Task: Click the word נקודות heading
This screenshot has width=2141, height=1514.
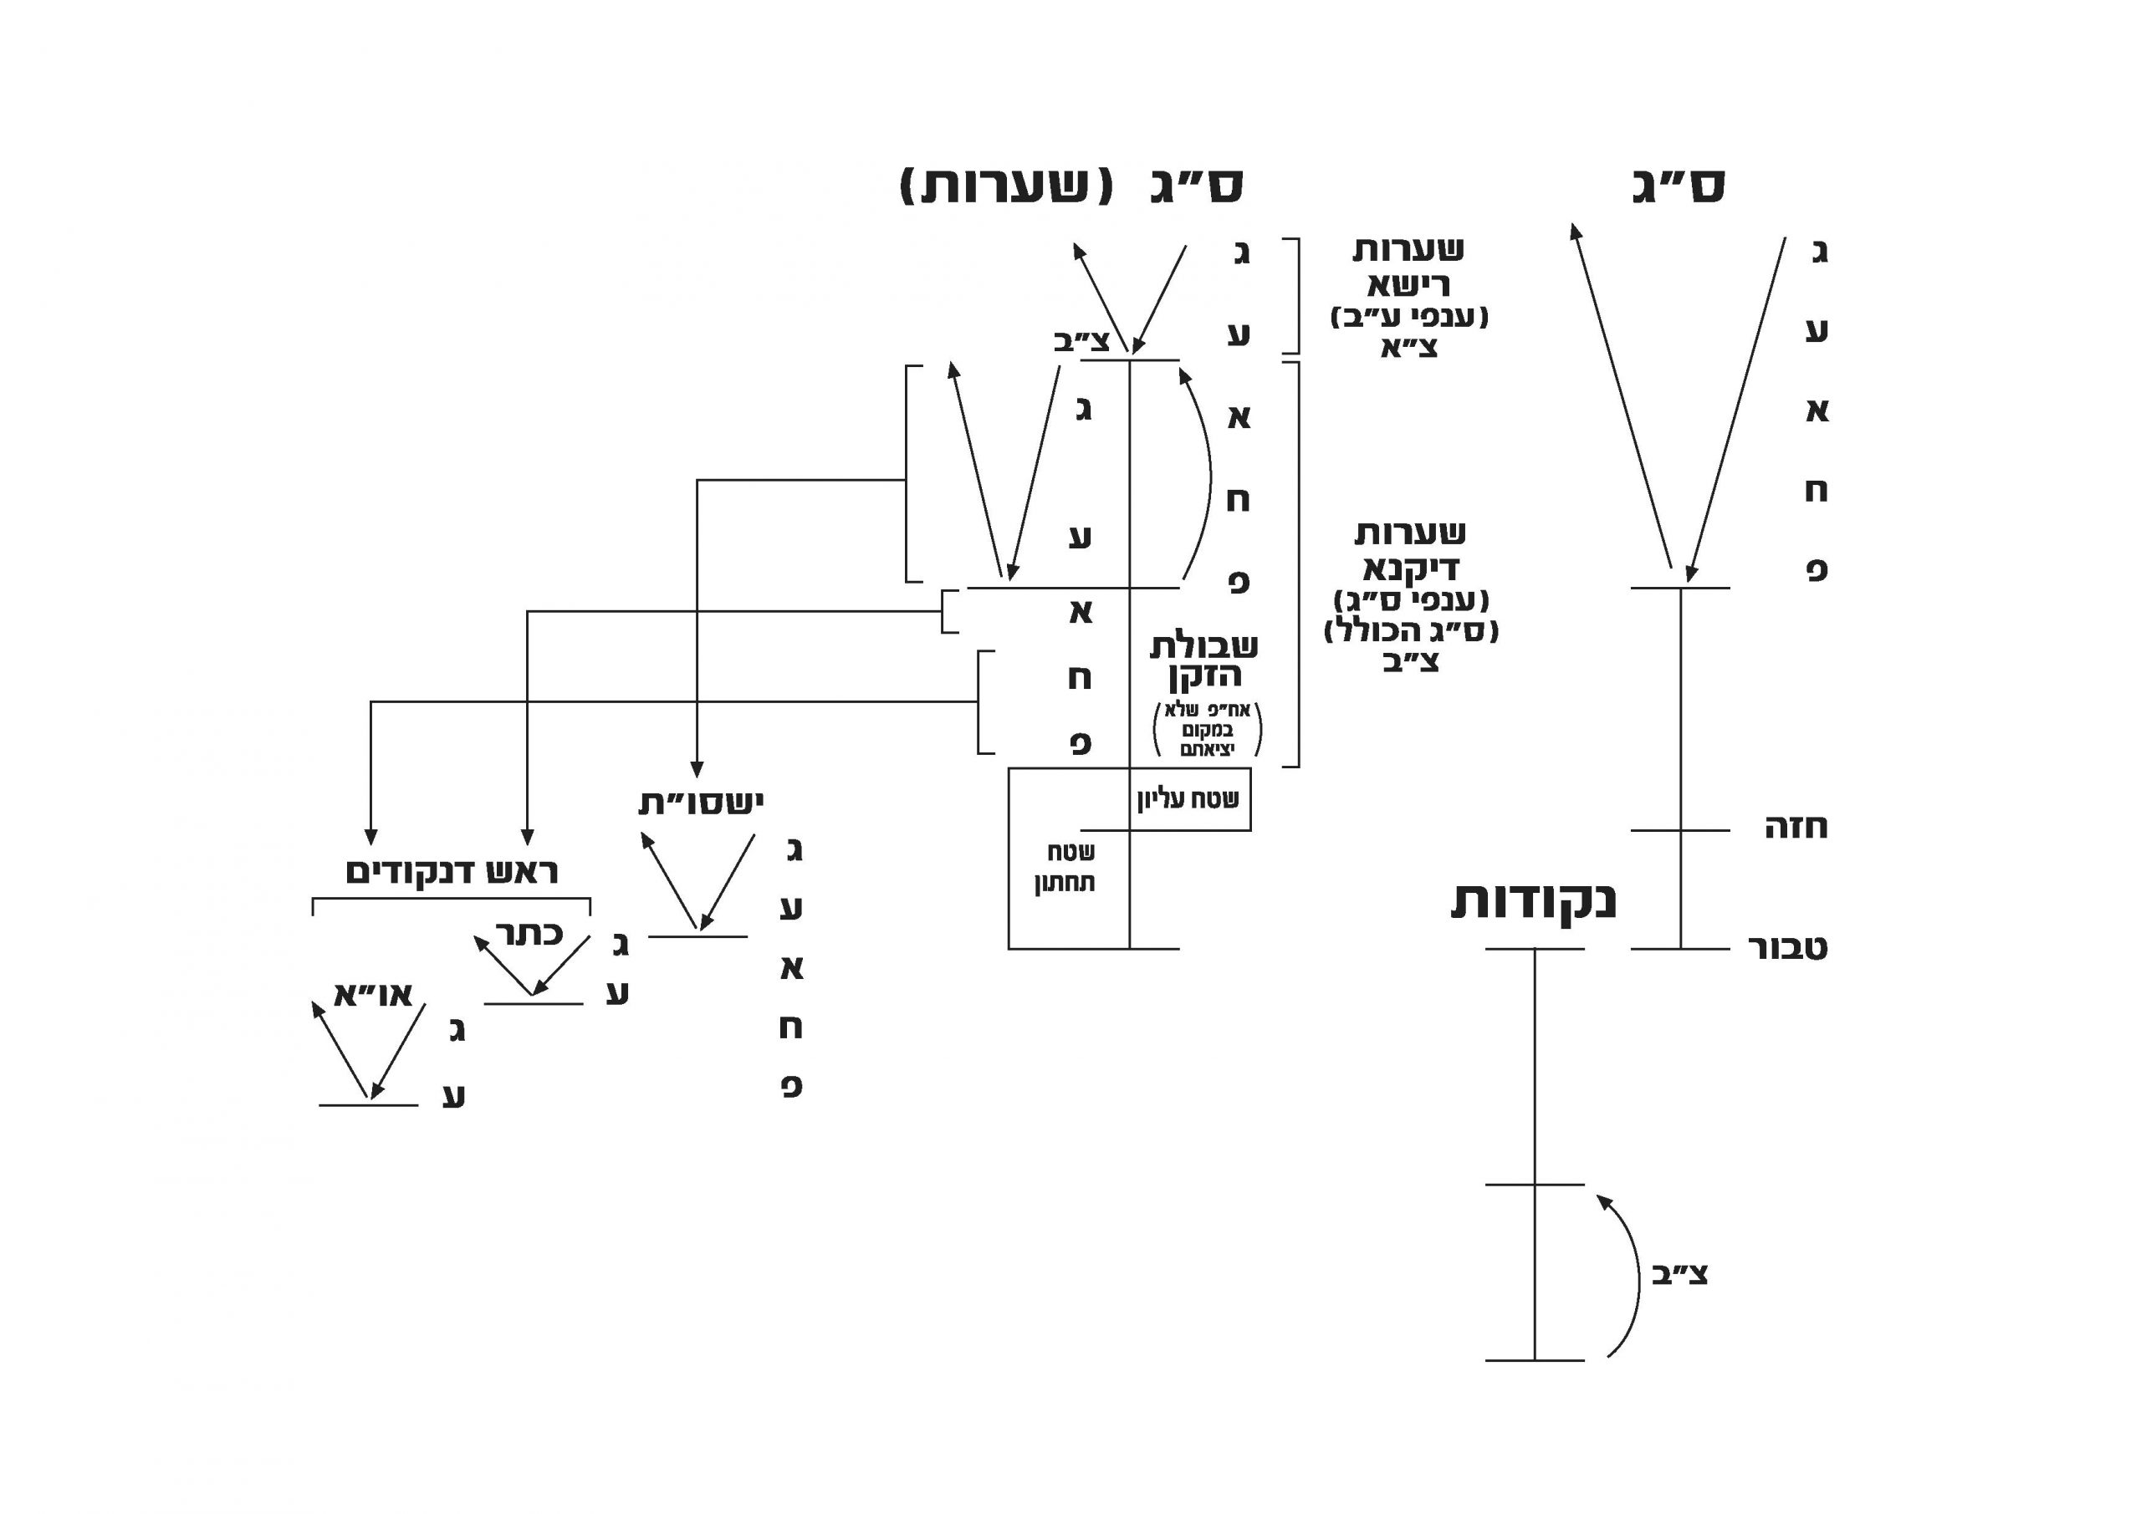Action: click(1533, 901)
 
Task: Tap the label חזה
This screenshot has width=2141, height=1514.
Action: click(1795, 828)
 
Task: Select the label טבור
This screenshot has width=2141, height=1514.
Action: click(1786, 948)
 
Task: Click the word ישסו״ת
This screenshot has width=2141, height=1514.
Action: click(700, 803)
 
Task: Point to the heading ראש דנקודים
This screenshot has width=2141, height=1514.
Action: click(452, 873)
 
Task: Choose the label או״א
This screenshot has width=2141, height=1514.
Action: click(373, 995)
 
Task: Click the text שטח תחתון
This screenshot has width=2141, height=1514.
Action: click(1064, 867)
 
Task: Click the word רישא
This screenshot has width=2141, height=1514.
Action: click(1408, 283)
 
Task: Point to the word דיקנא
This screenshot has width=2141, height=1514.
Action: click(1410, 568)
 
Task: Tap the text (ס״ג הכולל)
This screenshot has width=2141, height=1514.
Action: click(1410, 631)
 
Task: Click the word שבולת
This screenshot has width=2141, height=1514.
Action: click(1203, 645)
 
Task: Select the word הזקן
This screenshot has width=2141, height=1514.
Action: click(1205, 675)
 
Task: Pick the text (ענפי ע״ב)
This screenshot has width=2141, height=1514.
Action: click(1409, 317)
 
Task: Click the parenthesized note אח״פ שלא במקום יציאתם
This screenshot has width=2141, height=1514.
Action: click(1207, 729)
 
